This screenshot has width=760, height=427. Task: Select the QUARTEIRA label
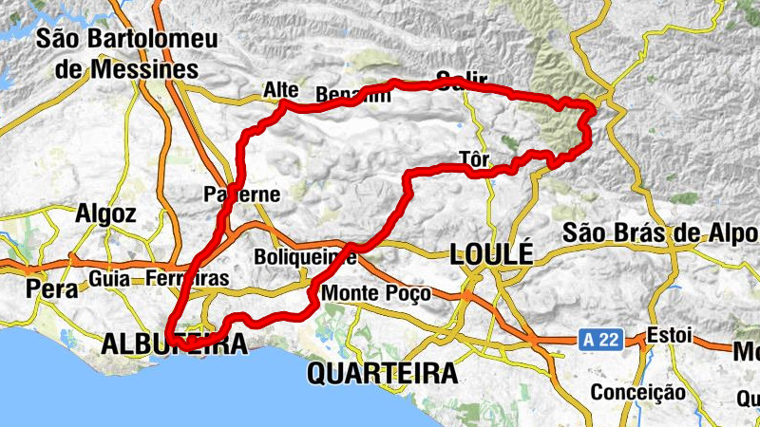click(382, 373)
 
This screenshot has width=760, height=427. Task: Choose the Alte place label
click(280, 90)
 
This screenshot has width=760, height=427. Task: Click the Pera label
click(52, 289)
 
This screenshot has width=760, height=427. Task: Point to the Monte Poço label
click(377, 294)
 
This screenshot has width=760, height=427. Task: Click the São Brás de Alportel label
click(660, 232)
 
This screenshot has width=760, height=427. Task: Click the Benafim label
click(352, 95)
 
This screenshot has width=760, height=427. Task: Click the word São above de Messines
click(62, 40)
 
